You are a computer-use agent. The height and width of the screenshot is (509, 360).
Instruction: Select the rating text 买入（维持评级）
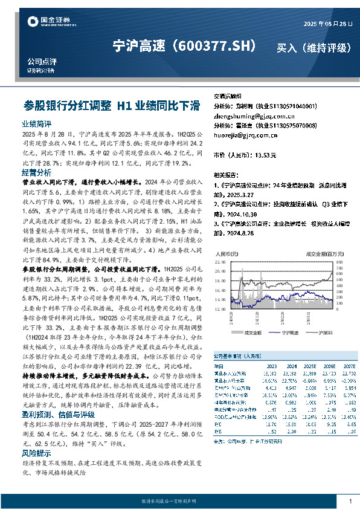tap(313, 47)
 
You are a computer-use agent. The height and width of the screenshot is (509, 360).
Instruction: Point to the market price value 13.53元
tap(266, 155)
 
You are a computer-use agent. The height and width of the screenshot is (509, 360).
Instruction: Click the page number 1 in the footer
tap(350, 501)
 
